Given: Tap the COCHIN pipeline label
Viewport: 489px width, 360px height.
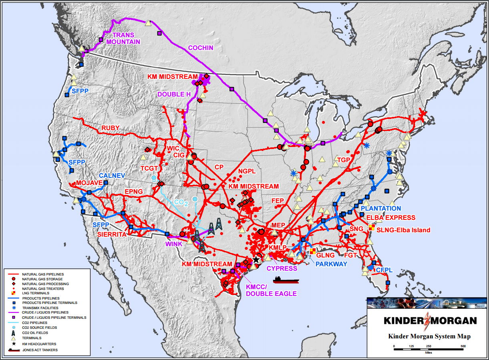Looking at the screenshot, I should click(201, 48).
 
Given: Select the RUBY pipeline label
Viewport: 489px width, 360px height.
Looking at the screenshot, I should click(110, 128).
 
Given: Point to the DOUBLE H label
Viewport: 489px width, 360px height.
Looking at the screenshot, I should click(173, 95).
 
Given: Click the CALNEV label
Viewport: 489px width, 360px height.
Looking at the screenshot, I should click(109, 175).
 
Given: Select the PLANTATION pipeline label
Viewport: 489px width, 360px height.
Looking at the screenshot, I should click(380, 208).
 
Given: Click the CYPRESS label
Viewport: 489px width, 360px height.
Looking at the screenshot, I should click(282, 268).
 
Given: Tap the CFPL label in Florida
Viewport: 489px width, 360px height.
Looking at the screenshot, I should click(384, 270).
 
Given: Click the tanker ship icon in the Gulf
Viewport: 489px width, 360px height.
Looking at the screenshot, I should click(286, 279).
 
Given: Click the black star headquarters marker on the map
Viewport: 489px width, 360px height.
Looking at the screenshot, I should click(256, 259).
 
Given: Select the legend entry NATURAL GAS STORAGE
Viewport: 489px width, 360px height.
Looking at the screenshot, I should click(42, 279).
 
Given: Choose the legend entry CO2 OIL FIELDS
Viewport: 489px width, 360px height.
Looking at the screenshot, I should click(36, 332).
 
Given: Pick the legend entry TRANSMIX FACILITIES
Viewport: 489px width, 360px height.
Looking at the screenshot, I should click(40, 308).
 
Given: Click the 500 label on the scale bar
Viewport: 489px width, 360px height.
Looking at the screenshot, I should click(463, 346).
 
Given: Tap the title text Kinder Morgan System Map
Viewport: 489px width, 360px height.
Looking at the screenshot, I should click(429, 336).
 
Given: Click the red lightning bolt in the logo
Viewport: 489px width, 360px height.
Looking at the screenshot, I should click(430, 321).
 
